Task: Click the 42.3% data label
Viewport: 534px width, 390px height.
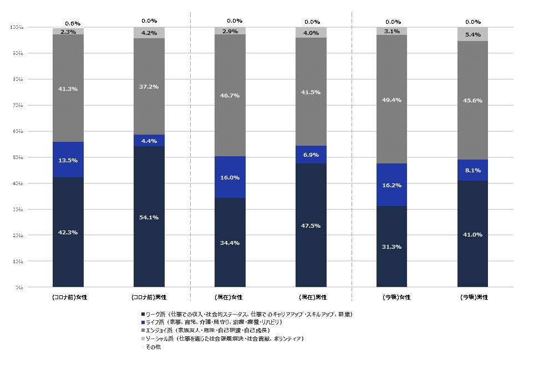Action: click(x=68, y=233)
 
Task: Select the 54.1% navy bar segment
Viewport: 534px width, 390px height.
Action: click(x=149, y=217)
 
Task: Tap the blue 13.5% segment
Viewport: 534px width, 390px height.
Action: click(x=68, y=160)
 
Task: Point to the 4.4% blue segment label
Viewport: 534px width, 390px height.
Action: click(x=149, y=141)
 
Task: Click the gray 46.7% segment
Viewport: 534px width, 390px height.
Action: click(x=230, y=95)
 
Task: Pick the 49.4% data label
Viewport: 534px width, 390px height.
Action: click(x=391, y=100)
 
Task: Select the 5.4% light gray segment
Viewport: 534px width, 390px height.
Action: click(x=472, y=34)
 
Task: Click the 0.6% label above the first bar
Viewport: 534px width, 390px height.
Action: click(x=73, y=23)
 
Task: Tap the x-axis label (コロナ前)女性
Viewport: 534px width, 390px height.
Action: click(x=68, y=297)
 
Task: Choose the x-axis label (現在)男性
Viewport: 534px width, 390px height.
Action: click(x=311, y=297)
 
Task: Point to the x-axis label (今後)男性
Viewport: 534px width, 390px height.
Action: click(x=473, y=297)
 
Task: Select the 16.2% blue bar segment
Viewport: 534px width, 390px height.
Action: click(x=391, y=185)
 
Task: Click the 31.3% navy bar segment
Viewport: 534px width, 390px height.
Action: click(x=391, y=247)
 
